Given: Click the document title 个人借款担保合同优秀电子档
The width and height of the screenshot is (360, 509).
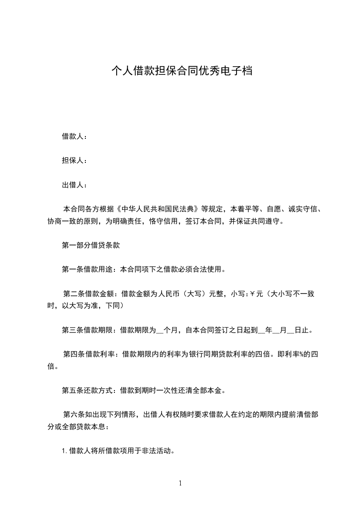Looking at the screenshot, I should (x=182, y=71).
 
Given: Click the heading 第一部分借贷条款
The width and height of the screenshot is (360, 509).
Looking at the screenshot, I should (x=90, y=245).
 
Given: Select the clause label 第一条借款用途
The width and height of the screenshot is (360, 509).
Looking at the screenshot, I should (x=87, y=269).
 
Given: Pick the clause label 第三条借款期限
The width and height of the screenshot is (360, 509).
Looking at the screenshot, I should (x=87, y=330).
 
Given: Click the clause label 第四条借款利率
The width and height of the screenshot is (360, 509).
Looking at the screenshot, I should (x=89, y=354).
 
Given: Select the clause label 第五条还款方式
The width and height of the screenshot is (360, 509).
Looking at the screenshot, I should (x=87, y=390).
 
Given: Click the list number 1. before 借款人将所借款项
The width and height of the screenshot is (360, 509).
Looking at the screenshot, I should (x=65, y=451).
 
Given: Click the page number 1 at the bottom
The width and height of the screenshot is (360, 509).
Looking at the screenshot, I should (x=180, y=483).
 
